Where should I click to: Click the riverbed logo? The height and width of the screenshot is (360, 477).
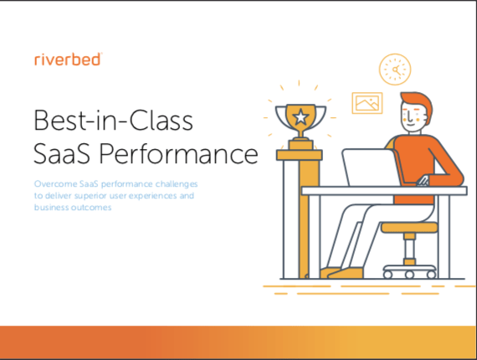tap(68, 59)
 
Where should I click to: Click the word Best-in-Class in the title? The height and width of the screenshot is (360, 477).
tap(113, 121)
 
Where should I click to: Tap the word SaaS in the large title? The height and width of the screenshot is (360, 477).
tap(62, 154)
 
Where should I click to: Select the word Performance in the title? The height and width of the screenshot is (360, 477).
tap(178, 154)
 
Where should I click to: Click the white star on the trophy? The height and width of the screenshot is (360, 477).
tap(300, 117)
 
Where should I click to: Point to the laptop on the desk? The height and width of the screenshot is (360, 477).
tap(370, 167)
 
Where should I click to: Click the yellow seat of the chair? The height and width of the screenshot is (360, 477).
tap(409, 228)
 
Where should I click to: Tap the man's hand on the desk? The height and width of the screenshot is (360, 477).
tap(423, 181)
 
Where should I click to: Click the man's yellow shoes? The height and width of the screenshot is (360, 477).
tap(341, 273)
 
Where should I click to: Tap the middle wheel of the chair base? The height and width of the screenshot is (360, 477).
tap(409, 275)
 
